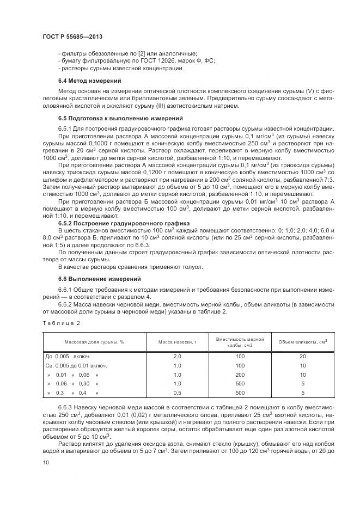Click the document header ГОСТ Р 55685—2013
click(72, 36)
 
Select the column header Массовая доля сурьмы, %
click(94, 342)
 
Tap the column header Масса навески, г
click(176, 342)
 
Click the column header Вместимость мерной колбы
click(240, 342)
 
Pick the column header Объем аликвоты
click(302, 342)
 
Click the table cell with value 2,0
click(176, 356)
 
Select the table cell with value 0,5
click(176, 393)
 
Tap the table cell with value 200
click(240, 375)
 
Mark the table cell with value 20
click(302, 356)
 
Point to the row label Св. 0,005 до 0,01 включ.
click(76, 365)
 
